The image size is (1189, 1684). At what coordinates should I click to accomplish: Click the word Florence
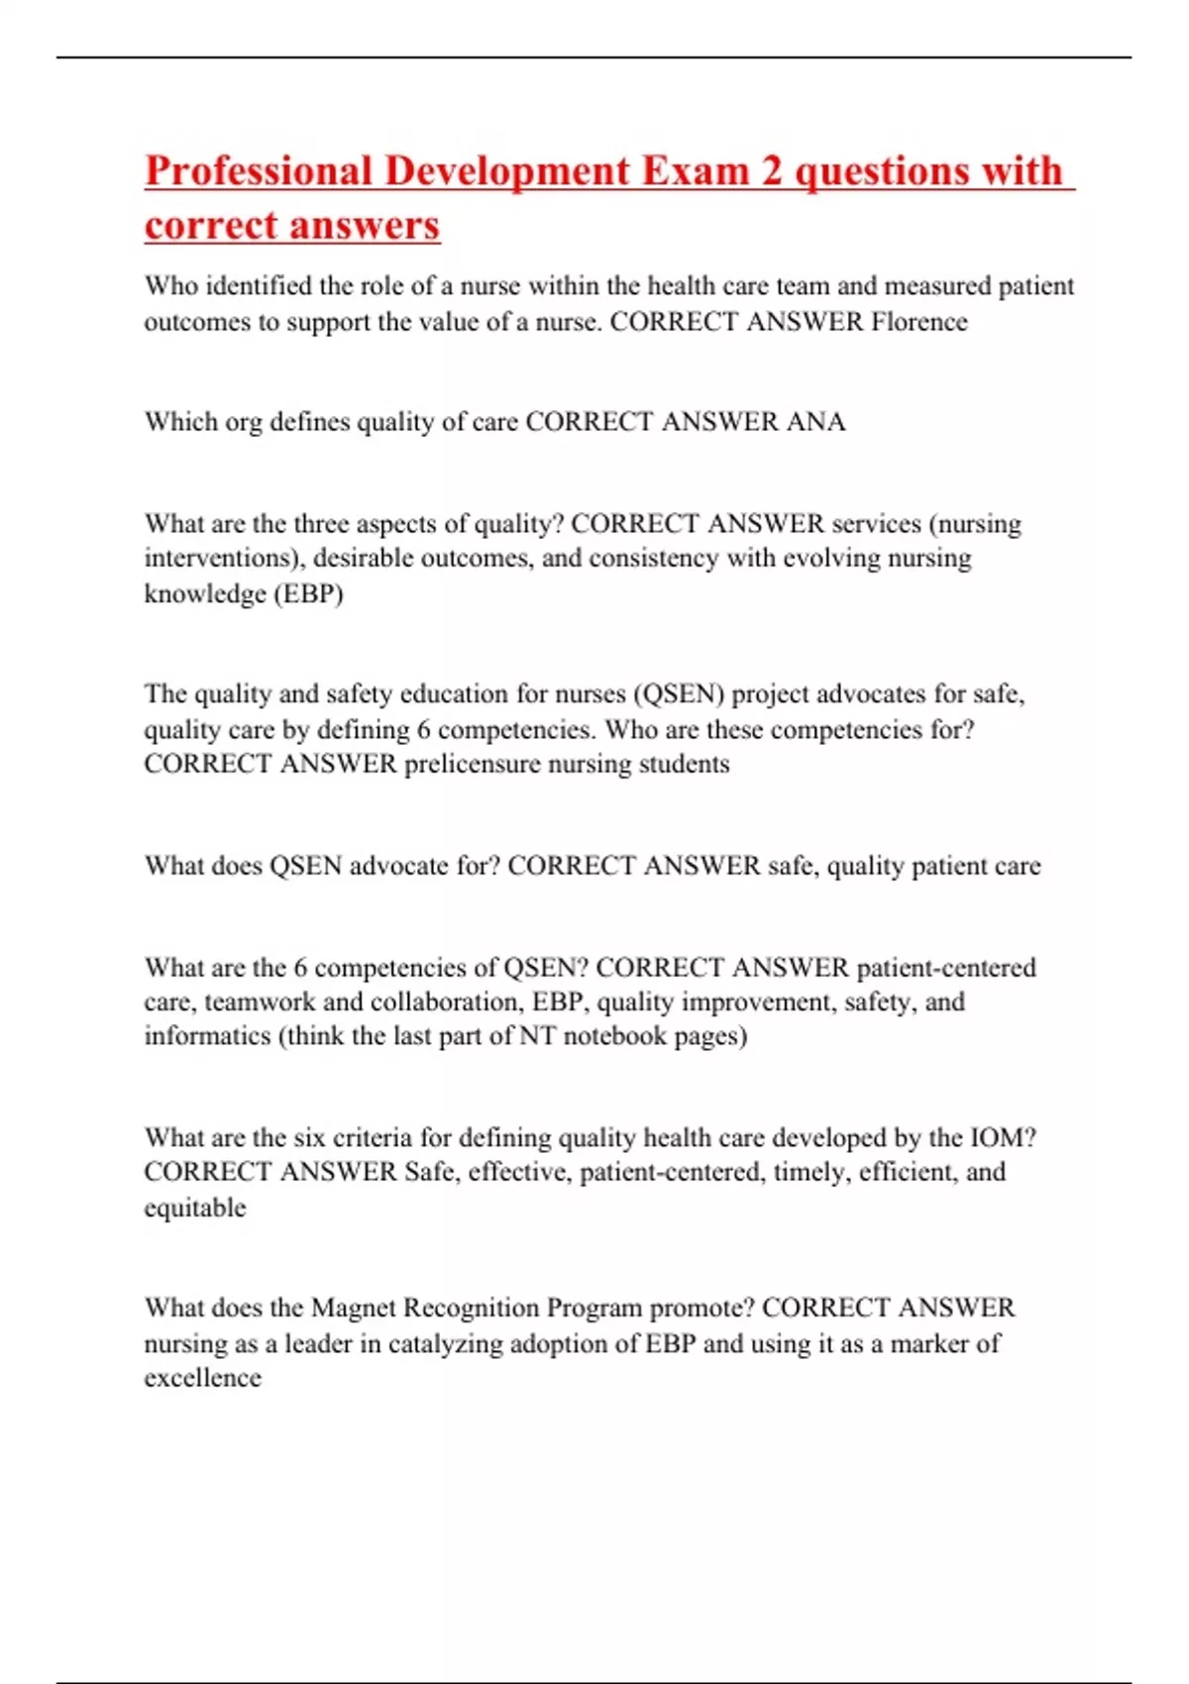pyautogui.click(x=919, y=322)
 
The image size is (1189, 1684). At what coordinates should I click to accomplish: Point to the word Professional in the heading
pyautogui.click(x=259, y=170)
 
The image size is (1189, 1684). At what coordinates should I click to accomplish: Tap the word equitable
pyautogui.click(x=195, y=1208)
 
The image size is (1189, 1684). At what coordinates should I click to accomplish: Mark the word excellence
pyautogui.click(x=203, y=1378)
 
